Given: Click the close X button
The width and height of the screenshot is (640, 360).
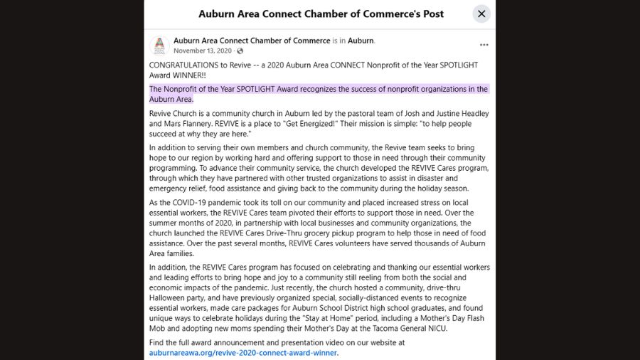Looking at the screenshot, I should point(481,14).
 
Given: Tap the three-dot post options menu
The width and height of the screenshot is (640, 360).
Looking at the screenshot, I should point(484,44).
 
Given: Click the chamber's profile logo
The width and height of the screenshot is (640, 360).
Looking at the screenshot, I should point(159,46).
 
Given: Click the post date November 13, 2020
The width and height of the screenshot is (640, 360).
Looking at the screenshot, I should point(203,51).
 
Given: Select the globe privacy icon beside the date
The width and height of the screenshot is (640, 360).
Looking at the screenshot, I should point(240,51).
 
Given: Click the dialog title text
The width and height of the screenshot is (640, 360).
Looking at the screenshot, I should point(321,14).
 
